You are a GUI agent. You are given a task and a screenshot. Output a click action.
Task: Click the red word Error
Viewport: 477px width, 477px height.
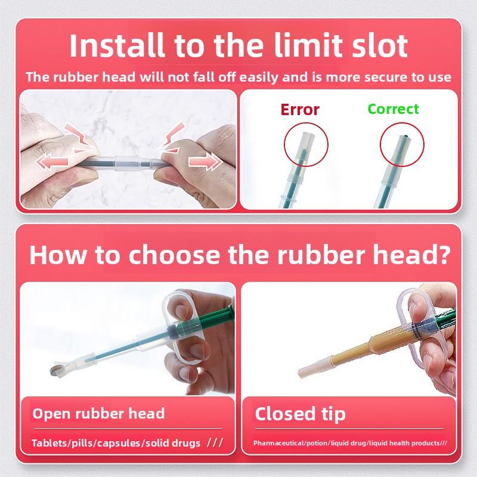(300, 110)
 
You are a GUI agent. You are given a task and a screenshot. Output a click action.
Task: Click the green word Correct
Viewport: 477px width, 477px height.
(393, 109)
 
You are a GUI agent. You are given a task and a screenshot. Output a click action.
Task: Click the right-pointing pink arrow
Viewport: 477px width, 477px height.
(202, 163)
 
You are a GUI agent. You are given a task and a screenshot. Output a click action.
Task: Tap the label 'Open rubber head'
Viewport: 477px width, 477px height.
(98, 413)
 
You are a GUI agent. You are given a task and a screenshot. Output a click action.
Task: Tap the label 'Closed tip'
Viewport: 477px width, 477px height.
(300, 414)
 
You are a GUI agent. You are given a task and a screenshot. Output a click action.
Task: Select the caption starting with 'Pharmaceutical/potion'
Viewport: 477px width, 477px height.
(350, 443)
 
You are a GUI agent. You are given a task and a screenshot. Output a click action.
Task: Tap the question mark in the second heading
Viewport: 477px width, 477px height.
(440, 255)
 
